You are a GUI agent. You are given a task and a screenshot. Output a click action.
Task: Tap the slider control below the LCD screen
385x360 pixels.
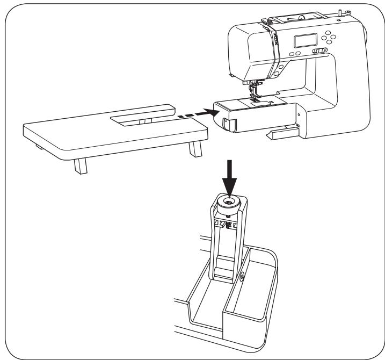[321, 51]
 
